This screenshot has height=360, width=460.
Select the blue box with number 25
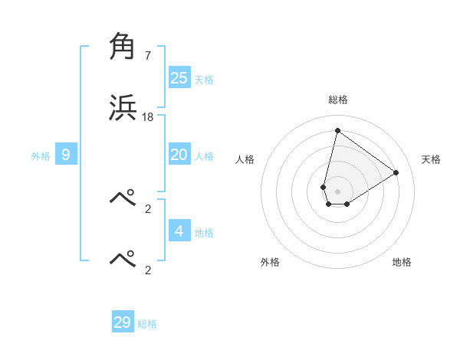[x=179, y=78]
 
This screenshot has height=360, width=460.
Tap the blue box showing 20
[x=179, y=155]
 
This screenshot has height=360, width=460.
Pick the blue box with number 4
[x=179, y=231]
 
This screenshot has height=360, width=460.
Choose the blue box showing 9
[x=66, y=155]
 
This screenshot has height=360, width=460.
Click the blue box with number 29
[x=123, y=322]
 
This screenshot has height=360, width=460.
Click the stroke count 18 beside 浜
[x=148, y=117]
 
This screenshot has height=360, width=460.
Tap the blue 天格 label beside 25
[x=204, y=80]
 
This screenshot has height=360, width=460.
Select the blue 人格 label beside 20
[x=204, y=156]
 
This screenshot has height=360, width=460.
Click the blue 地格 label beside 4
[x=204, y=232]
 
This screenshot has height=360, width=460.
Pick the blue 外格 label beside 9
[x=41, y=156]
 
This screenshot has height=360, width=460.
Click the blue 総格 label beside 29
[x=147, y=324]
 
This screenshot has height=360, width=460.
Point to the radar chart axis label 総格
[x=338, y=100]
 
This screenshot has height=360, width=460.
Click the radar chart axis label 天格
[x=431, y=159]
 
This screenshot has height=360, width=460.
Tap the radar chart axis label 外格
[x=270, y=262]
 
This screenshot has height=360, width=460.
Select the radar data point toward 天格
[x=396, y=172]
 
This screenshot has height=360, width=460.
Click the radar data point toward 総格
[x=337, y=130]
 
